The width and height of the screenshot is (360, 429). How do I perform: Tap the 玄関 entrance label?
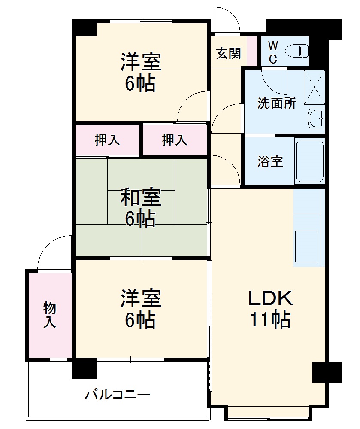point(228,54)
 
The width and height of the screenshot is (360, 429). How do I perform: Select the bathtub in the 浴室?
point(309,161)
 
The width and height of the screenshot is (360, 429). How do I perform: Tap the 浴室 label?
point(270,162)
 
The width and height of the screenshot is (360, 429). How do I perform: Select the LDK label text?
point(270,297)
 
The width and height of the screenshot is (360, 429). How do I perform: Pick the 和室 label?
point(140,198)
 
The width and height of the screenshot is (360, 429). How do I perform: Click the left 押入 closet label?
point(107,140)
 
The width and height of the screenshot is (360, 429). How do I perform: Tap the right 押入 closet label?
point(175,140)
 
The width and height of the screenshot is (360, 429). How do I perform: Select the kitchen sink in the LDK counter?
point(307,246)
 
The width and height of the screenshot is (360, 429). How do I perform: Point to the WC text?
point(273,52)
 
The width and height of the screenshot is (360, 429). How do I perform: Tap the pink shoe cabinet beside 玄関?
point(252,50)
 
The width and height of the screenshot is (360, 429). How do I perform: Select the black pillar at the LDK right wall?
point(327,372)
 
